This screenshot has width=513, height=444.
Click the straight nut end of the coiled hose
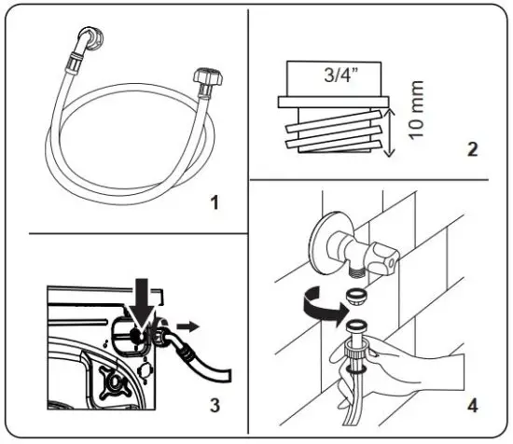(x=203, y=77)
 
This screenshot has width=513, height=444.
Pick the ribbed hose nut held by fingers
(x=355, y=342)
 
